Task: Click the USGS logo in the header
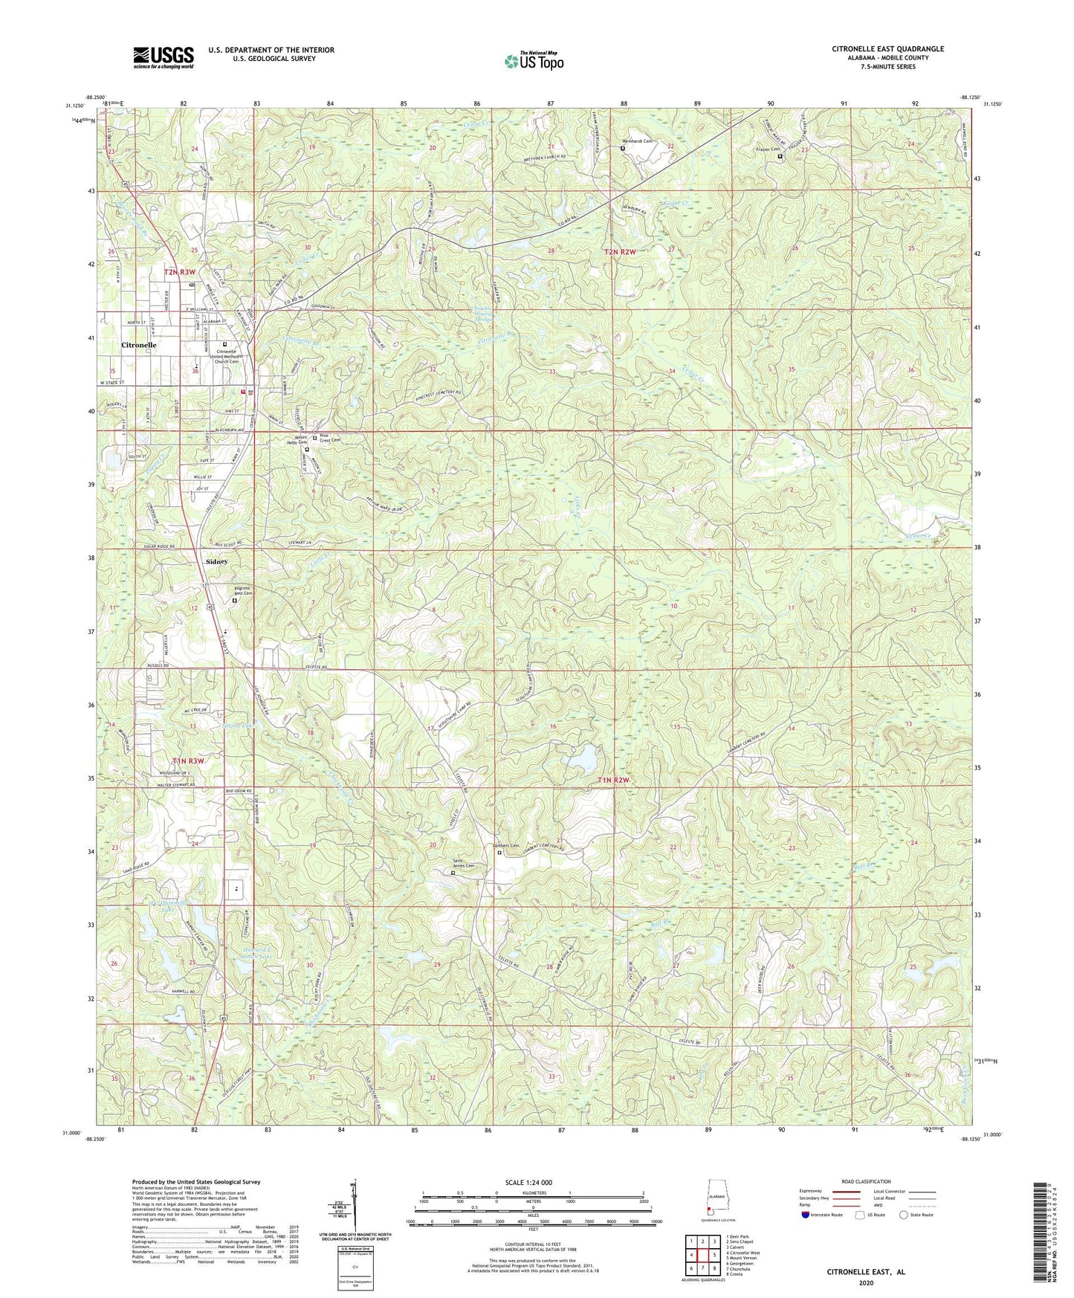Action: [164, 56]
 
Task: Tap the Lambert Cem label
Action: [505, 845]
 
